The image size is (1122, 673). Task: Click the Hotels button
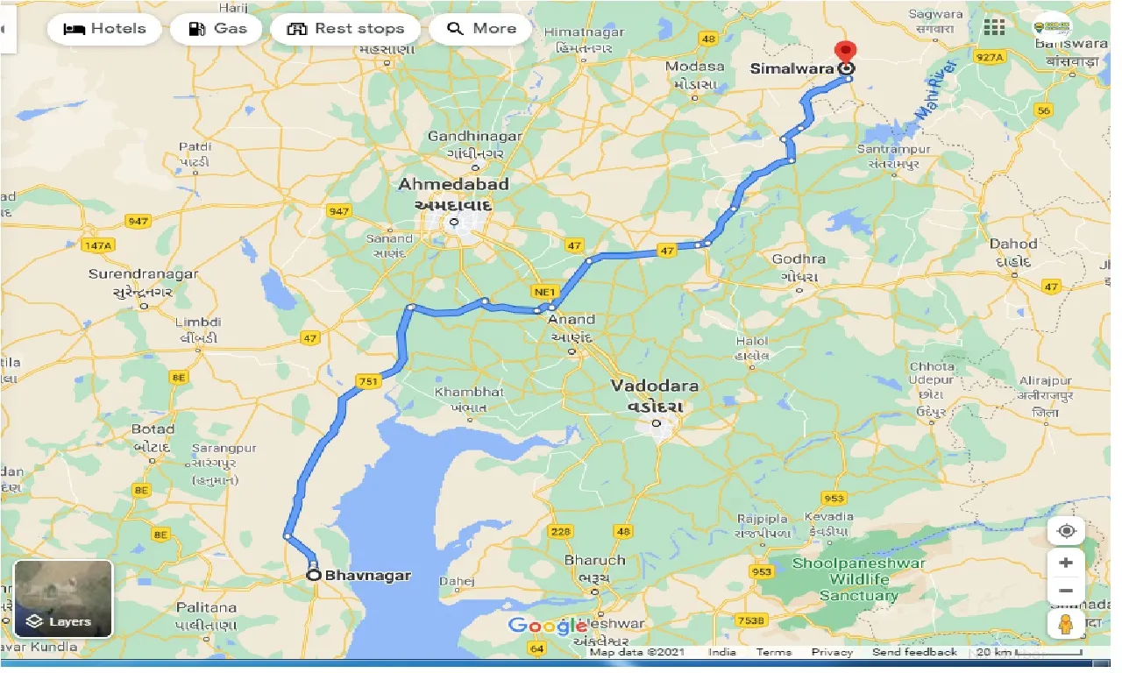(x=104, y=29)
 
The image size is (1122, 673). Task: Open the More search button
(x=481, y=29)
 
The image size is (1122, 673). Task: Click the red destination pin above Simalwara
(x=845, y=52)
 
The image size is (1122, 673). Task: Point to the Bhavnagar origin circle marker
(x=312, y=576)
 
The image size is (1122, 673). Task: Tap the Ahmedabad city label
(x=453, y=185)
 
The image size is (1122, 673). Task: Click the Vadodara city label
(x=656, y=386)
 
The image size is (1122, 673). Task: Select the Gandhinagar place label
(x=474, y=137)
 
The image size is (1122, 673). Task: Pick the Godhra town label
(x=799, y=259)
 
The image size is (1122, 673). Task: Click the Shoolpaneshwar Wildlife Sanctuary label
(x=858, y=579)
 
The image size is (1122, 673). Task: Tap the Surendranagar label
(x=144, y=274)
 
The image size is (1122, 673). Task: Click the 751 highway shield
(x=367, y=380)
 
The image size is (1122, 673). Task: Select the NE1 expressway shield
(x=542, y=290)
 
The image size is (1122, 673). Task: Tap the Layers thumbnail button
(x=63, y=599)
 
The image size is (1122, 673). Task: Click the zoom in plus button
(x=1066, y=563)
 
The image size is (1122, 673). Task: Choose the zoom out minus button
(x=1066, y=592)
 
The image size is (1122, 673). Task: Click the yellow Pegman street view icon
(x=1066, y=624)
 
